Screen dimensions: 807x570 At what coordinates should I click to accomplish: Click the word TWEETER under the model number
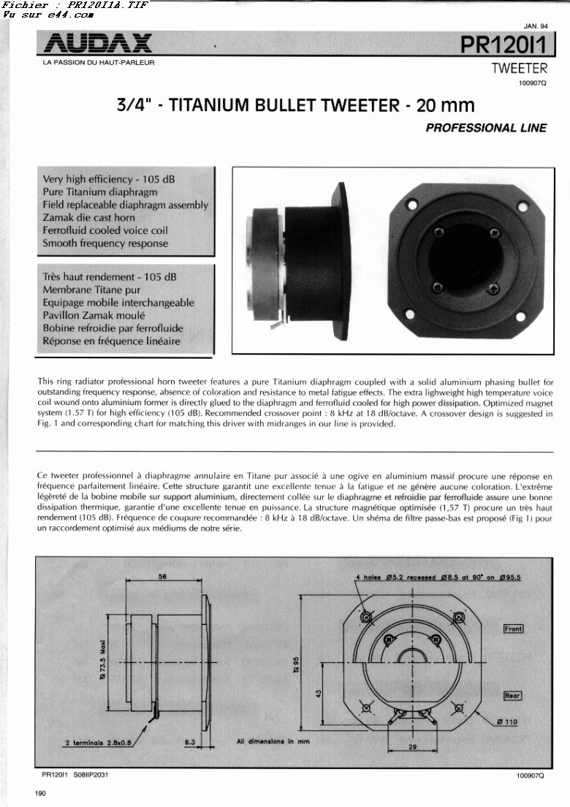[519, 69]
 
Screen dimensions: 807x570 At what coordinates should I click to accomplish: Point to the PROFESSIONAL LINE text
[486, 128]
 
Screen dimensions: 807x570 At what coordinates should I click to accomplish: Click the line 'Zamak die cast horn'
[88, 218]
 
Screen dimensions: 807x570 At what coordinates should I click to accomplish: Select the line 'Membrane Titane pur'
[90, 290]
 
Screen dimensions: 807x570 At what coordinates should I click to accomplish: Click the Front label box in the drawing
[513, 629]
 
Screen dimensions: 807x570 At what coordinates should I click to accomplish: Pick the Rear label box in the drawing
[512, 696]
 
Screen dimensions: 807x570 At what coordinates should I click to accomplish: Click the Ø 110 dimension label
[506, 722]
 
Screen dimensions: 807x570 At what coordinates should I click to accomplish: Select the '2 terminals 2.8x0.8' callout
[97, 743]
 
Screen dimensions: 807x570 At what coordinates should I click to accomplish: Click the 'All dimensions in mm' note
[273, 742]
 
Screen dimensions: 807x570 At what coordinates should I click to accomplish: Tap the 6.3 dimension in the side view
[189, 742]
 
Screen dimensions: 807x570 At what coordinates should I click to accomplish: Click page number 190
[40, 794]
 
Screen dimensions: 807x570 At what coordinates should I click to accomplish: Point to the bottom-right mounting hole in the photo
[520, 316]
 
